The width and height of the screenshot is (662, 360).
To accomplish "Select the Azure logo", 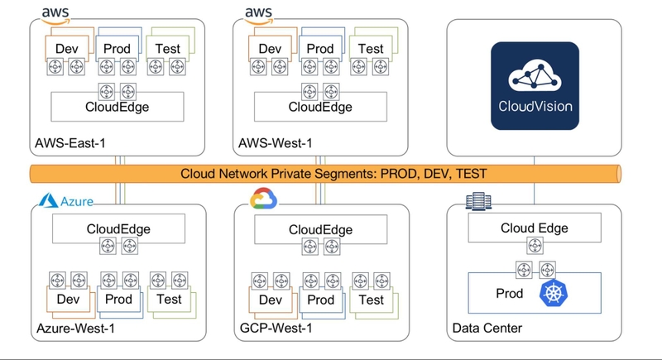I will click(66, 201).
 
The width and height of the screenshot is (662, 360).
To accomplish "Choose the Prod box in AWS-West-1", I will click(320, 48).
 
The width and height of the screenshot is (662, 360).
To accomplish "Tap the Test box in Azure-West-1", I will click(169, 299).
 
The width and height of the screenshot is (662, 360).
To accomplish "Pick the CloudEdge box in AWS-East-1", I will click(118, 106).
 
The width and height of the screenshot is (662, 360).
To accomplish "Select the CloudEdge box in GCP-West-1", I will click(320, 228).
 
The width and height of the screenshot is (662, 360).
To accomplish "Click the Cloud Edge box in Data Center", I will click(535, 228).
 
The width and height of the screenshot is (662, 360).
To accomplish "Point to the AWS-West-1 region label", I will click(276, 143).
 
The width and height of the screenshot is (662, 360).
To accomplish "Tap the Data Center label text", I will click(487, 329).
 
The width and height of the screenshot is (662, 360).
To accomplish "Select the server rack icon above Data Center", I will click(475, 200).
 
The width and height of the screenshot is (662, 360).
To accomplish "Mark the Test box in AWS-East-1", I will click(168, 48).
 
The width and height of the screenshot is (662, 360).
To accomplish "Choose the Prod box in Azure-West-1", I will click(118, 299).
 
